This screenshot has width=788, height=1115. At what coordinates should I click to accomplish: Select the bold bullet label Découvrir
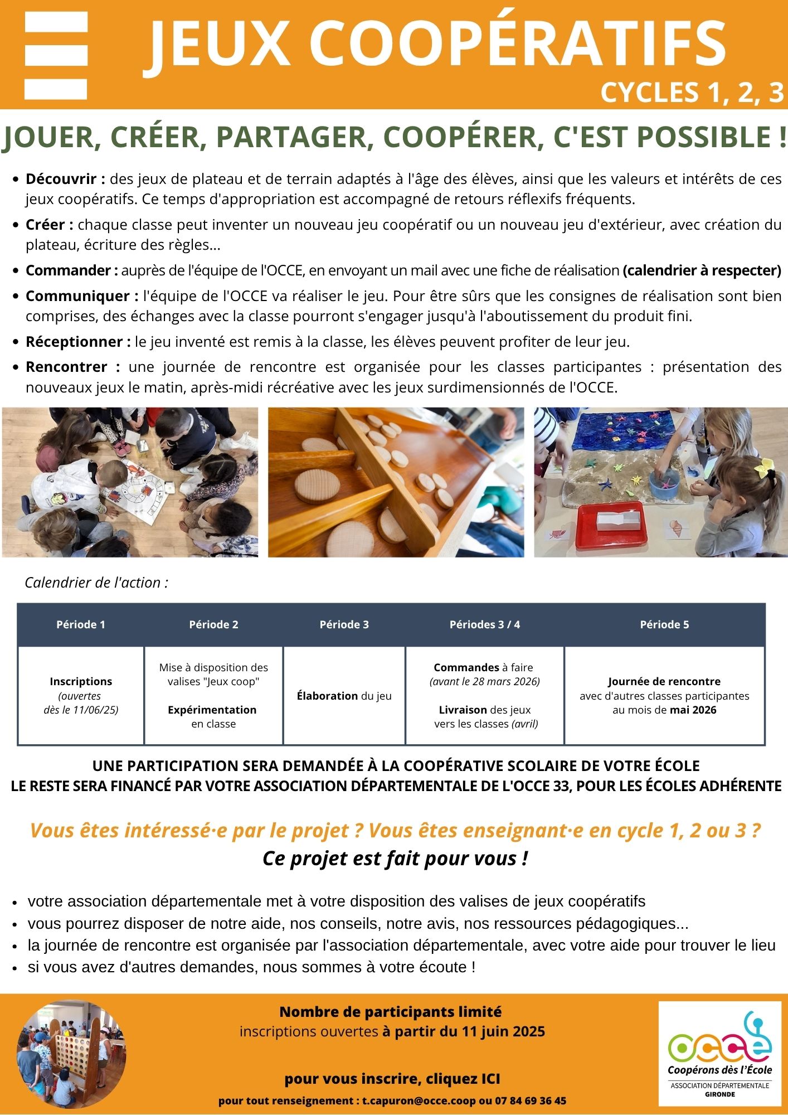(x=65, y=179)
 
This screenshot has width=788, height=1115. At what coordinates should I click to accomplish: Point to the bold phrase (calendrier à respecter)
(x=702, y=270)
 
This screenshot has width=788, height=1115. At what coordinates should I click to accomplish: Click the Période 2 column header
(x=213, y=624)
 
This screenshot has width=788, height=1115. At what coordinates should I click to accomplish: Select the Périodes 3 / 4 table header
(x=484, y=624)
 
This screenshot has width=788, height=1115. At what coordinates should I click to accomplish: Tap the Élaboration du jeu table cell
(x=344, y=696)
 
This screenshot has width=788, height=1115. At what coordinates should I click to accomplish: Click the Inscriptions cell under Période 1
(x=81, y=681)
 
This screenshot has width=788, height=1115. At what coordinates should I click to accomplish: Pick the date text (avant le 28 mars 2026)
(x=484, y=681)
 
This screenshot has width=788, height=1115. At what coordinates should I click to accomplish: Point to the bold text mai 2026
(x=693, y=710)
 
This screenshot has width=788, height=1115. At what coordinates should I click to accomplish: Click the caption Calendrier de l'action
(x=96, y=583)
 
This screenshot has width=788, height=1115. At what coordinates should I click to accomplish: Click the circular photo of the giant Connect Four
(x=71, y=1055)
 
